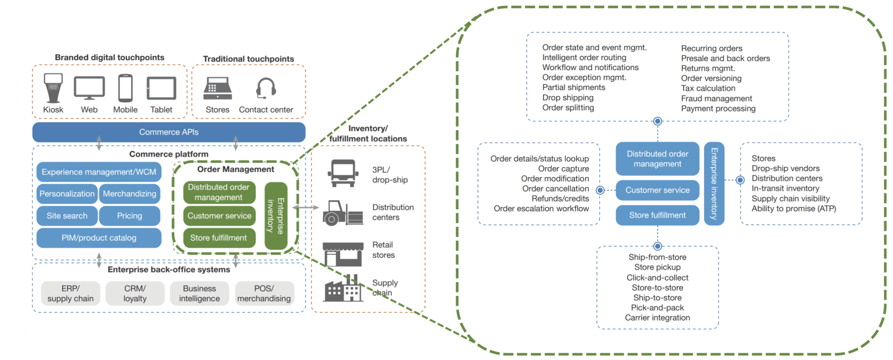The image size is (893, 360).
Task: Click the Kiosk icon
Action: coord(53,88)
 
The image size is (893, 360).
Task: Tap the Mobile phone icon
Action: coord(126,88)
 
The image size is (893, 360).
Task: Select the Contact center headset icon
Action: coord(266,88)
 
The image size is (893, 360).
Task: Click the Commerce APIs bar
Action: coord(169,132)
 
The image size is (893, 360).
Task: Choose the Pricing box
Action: coord(130,216)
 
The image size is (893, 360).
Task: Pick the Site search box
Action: coord(67,216)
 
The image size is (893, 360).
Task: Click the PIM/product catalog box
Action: coord(99,238)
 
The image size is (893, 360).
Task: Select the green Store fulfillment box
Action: coord(218,238)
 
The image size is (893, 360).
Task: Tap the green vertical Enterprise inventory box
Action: coord(276,216)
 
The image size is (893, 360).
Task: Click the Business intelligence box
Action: coord(199,294)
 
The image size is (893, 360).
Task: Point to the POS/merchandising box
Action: coord(264,294)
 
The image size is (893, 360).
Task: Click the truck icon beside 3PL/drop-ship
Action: coord(343,173)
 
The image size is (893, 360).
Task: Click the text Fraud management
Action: coord(716,98)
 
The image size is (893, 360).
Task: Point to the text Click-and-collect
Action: coord(657,278)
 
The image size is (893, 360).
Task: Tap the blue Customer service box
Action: coord(657,190)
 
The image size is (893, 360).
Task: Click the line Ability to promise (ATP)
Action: coord(794,208)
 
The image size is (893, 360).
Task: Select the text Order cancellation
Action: coord(556,188)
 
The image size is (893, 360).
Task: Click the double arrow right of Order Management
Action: coord(306,207)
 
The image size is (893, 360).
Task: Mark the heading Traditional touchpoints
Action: coord(249,59)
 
